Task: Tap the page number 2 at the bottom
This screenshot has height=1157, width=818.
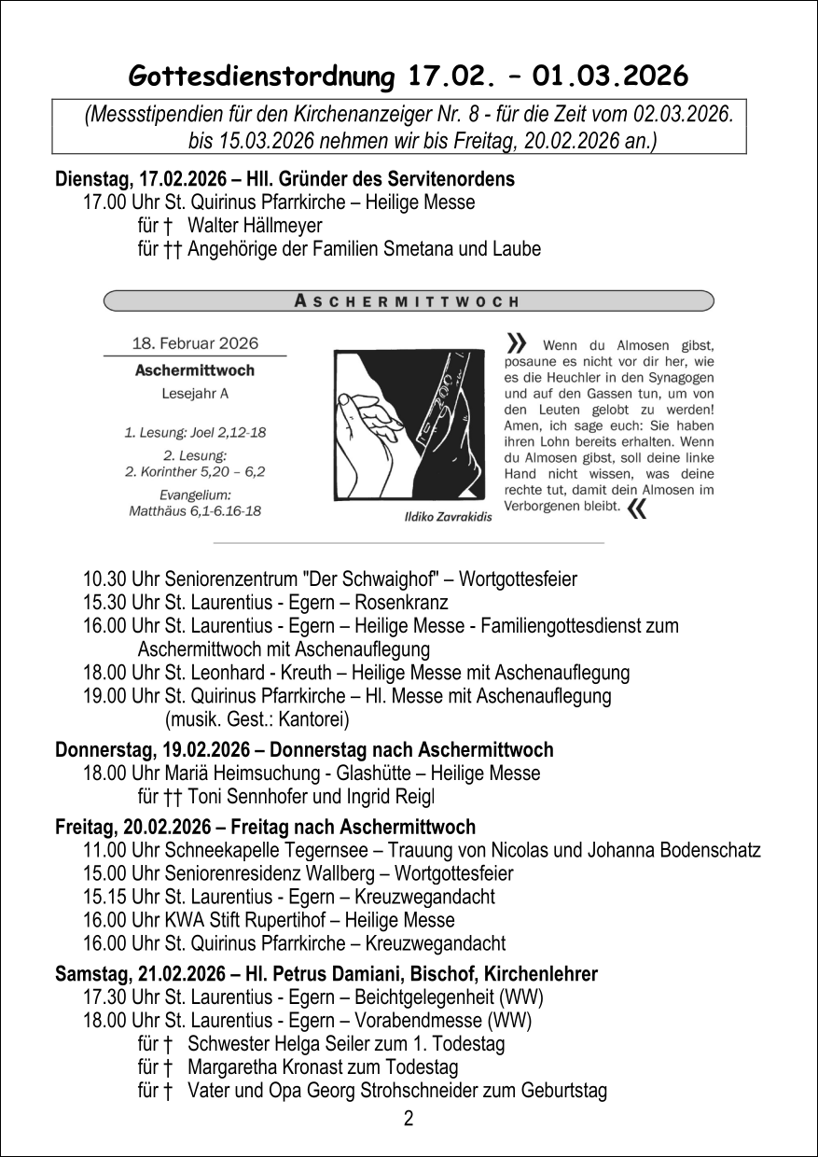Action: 409,1119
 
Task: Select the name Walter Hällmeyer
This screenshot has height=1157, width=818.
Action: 255,226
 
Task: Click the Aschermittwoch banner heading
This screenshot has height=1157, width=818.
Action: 407,301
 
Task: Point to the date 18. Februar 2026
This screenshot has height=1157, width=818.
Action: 195,342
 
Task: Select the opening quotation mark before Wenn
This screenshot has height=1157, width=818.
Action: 516,342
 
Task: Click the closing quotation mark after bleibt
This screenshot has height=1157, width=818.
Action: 638,508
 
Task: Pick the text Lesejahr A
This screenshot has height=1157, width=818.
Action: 195,393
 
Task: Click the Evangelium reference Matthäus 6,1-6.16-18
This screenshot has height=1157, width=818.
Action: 195,510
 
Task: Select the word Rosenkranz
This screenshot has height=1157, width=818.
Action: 405,603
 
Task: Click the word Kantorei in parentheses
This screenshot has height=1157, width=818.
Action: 312,719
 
